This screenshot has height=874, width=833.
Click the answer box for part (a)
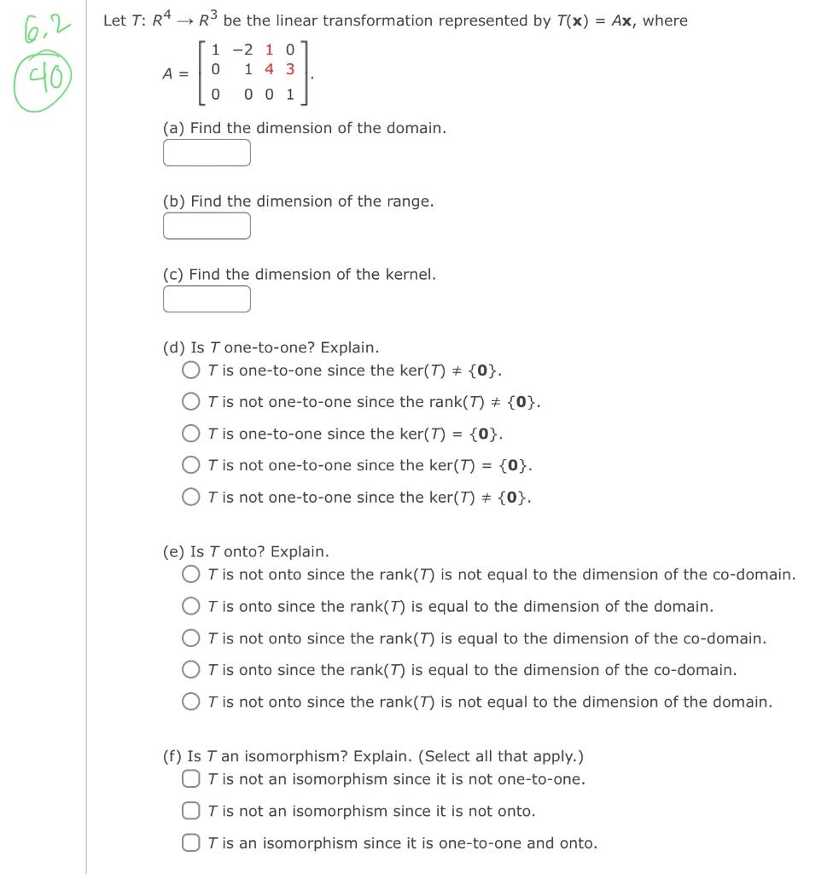tap(207, 153)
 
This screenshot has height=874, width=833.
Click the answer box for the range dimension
tap(207, 226)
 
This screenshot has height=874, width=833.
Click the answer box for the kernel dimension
tap(207, 299)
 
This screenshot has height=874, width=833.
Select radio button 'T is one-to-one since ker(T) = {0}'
tap(191, 434)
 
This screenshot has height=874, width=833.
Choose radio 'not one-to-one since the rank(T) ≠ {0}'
tap(191, 402)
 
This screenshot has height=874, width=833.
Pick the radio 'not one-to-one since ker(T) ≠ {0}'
tap(191, 497)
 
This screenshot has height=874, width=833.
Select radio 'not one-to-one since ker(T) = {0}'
tap(191, 465)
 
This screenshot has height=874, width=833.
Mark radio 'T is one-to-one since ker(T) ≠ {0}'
tap(191, 370)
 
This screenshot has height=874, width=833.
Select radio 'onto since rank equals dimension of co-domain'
tap(191, 670)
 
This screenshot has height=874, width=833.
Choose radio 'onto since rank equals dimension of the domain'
tap(191, 607)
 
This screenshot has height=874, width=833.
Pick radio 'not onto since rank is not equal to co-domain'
tap(191, 575)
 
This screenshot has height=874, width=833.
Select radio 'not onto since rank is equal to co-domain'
tap(191, 638)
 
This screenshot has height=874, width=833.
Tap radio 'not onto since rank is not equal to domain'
tap(191, 702)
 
